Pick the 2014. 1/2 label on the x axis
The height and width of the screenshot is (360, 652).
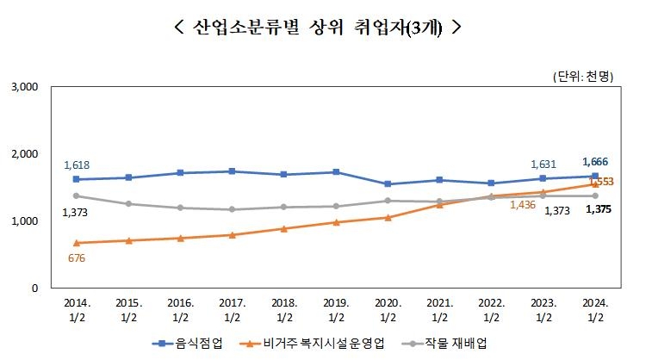click(x=76, y=309)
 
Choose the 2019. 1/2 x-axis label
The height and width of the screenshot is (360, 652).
click(x=336, y=309)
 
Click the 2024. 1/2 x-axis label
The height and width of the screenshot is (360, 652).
click(x=595, y=309)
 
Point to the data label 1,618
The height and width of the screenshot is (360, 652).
click(x=77, y=164)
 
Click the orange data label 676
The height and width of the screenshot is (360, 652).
click(x=77, y=258)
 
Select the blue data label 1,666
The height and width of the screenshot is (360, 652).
click(x=596, y=161)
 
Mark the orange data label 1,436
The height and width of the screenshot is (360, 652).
click(x=524, y=205)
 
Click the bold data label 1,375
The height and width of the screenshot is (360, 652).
click(x=596, y=209)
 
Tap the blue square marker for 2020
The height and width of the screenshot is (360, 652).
click(x=388, y=183)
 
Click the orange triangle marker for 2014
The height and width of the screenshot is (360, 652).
click(x=77, y=243)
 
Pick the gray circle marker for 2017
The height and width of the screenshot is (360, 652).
click(x=232, y=209)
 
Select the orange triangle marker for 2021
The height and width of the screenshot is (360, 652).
click(x=439, y=204)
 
